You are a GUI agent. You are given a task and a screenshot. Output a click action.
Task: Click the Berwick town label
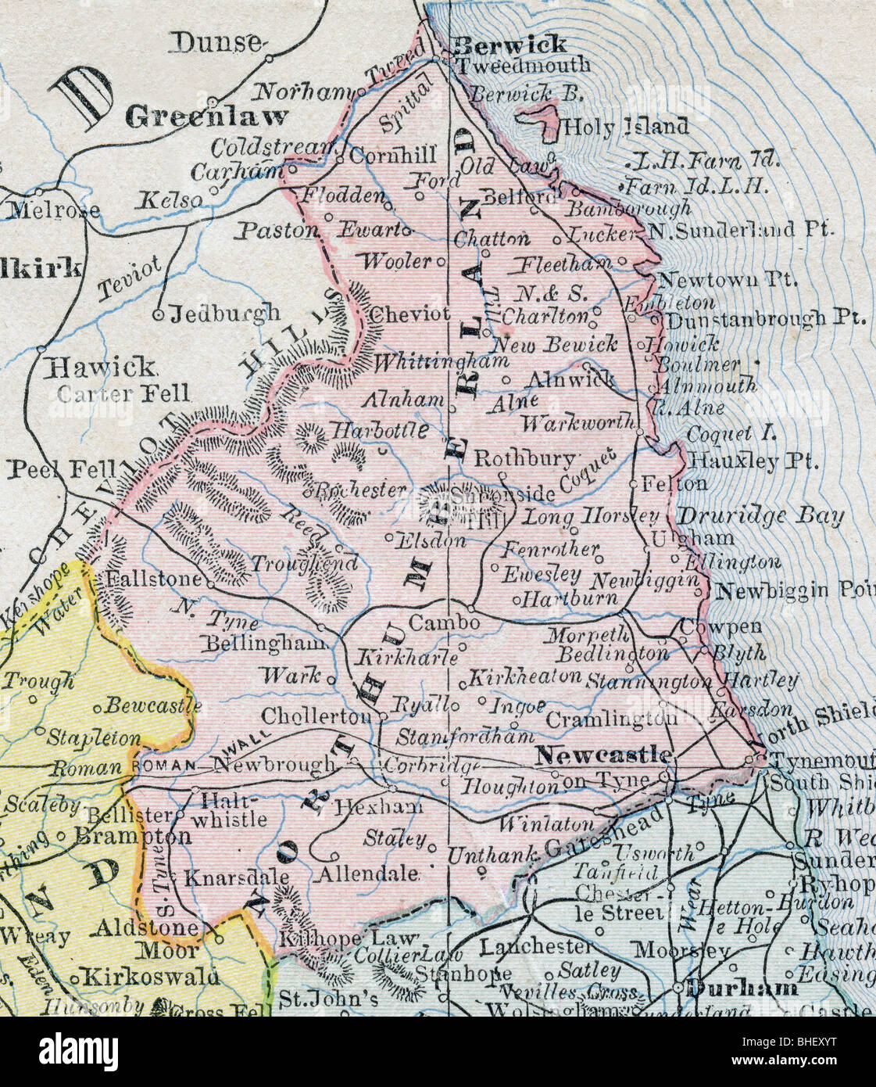coord(510,44)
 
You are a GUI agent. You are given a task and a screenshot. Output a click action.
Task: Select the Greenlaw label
coord(206,118)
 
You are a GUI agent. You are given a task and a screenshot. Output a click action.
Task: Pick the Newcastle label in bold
coord(604,755)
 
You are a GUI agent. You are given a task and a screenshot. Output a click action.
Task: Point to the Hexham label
coord(379,806)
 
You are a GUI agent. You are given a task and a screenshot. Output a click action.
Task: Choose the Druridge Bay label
coord(760,516)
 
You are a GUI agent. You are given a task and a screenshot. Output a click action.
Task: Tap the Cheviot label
coord(409,314)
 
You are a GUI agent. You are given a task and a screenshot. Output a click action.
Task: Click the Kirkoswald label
coord(151,977)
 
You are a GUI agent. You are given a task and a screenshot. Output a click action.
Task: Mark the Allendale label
coord(367,874)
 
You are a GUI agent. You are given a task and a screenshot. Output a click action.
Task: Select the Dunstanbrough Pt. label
coord(765,318)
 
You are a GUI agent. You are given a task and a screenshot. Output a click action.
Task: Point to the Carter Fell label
coord(123,393)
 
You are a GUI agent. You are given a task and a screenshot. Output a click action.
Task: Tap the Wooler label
coord(395,260)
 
